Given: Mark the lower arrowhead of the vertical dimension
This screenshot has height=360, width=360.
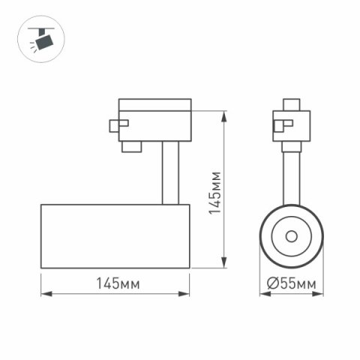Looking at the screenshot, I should coord(226,263).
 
